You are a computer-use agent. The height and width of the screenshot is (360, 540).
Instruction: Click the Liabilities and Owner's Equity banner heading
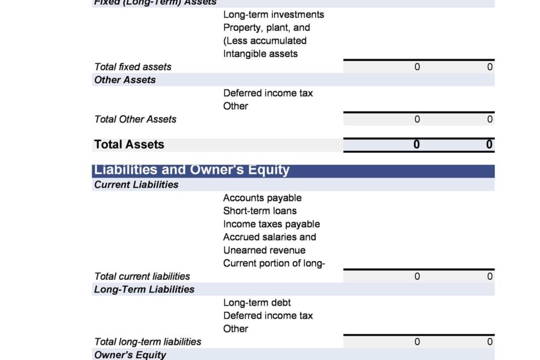[x=192, y=170]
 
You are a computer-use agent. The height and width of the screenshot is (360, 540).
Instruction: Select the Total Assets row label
[x=129, y=145]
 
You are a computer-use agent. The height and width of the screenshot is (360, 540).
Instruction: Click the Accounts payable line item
[x=262, y=198]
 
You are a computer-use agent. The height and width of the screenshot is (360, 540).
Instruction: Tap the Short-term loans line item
[x=260, y=211]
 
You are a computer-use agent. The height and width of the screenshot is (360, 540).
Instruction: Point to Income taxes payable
[x=271, y=224]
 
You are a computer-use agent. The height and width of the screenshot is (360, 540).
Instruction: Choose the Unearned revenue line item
[x=264, y=250]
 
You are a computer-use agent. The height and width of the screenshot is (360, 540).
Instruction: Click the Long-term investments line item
[x=273, y=15]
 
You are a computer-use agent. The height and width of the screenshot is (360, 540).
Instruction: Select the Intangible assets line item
[x=260, y=54]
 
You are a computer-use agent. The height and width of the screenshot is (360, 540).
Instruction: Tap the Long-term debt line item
[x=257, y=303]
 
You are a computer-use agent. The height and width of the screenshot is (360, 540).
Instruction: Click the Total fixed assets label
[x=132, y=67]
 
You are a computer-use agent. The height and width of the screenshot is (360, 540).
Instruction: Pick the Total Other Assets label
[x=135, y=119]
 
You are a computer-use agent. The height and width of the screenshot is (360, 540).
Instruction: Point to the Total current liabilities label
[x=142, y=276]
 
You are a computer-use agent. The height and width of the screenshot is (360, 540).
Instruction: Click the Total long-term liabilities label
[x=147, y=342]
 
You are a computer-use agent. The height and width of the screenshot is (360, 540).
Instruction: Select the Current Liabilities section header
[x=136, y=185]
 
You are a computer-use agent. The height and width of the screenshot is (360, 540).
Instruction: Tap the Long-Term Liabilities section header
[x=144, y=289]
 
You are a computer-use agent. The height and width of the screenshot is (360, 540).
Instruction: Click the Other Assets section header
[x=125, y=80]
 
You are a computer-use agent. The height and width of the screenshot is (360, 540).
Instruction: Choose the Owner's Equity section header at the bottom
[x=129, y=355]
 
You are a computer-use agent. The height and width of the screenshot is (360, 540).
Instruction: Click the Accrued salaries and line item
[x=269, y=237]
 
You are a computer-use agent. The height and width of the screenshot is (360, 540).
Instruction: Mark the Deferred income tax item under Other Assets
[x=268, y=93]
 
